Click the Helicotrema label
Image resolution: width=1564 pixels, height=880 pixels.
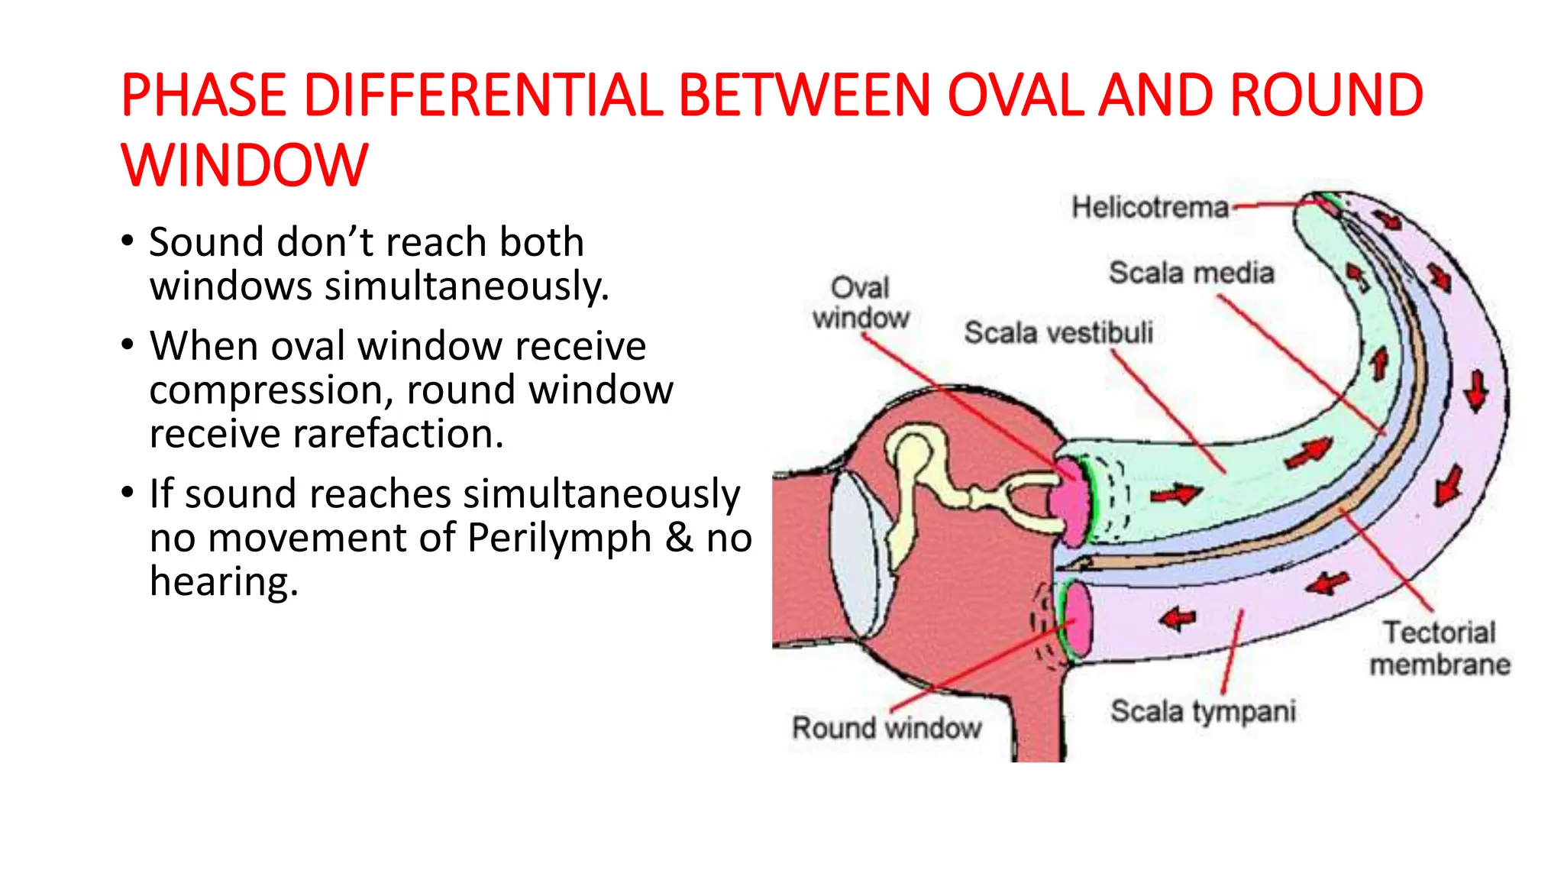click(1150, 207)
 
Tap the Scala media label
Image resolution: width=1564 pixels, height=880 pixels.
click(1191, 273)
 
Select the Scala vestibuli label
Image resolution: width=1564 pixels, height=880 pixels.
click(1058, 333)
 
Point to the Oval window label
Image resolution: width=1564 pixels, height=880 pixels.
click(861, 303)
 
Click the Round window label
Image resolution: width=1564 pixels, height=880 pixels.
click(887, 727)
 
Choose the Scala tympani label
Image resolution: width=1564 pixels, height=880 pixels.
click(1203, 711)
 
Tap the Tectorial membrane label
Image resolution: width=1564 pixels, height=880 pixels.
click(1440, 649)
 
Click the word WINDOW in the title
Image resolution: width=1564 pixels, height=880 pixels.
click(244, 165)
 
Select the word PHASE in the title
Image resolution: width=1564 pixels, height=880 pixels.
click(203, 95)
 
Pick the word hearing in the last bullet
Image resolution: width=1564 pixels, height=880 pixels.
click(223, 581)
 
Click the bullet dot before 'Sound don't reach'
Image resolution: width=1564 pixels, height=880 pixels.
click(128, 242)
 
